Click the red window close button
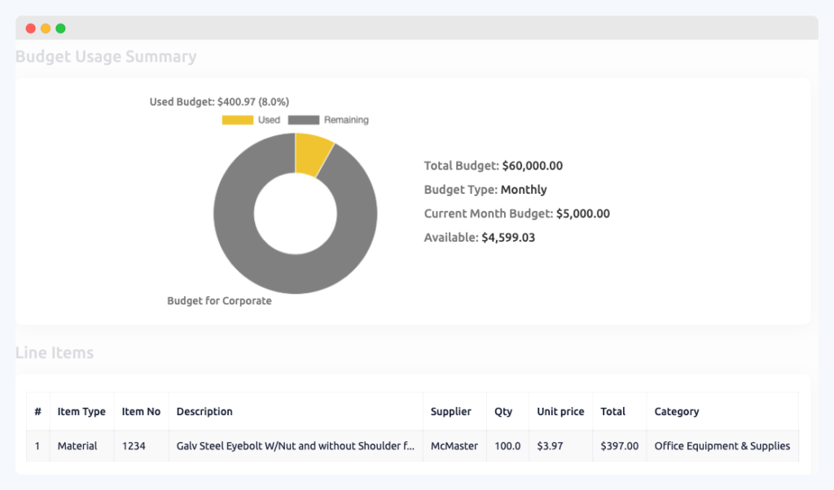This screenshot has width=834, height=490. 31,28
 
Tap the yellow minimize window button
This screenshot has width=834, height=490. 46,28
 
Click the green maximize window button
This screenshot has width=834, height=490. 60,28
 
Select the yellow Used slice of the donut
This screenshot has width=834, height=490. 313,154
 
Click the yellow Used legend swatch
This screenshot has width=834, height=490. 237,120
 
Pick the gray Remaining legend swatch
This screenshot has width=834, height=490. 303,120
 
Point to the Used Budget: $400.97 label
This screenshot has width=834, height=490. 219,102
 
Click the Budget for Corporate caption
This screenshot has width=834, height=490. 219,301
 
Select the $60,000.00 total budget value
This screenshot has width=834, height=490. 532,166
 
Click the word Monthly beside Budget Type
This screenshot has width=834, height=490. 524,190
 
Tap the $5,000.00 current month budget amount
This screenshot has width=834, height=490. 582,214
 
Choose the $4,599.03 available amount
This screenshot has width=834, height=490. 508,238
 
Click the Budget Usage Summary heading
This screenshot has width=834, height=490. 106,57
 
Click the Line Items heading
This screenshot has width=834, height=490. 55,353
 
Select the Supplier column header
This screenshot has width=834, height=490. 450,412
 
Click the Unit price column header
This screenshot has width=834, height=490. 560,412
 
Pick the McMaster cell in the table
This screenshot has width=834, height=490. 454,446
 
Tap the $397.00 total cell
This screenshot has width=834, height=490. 619,446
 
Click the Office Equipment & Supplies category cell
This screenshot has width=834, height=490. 722,446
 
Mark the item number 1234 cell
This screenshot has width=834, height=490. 134,446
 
